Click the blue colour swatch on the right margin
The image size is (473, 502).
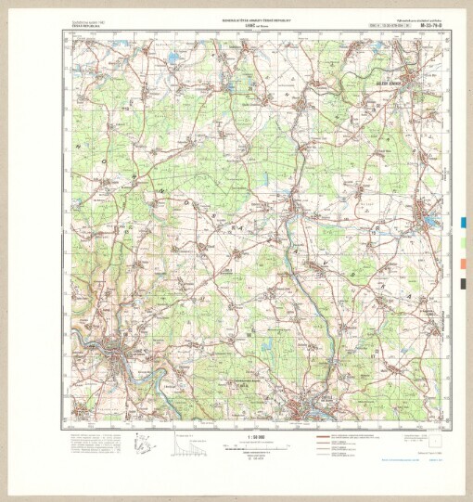pyautogui.click(x=464, y=223)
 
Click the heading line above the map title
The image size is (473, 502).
pyautogui.click(x=236, y=17)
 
